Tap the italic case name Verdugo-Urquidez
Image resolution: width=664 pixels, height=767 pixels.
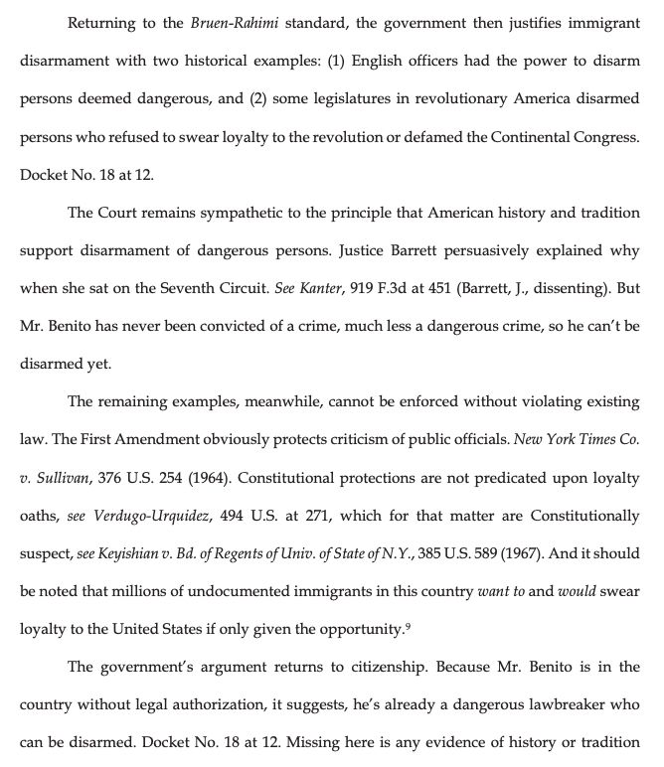(144, 515)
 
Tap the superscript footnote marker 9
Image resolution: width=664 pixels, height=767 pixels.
(409, 624)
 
